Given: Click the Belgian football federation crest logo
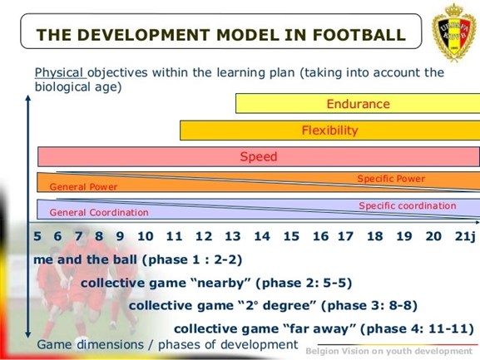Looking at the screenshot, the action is point(454,32).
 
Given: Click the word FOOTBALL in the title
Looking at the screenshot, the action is point(359,35).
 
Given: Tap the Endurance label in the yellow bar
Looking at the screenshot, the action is point(359,104).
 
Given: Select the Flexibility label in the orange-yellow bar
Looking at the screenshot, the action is point(329,131).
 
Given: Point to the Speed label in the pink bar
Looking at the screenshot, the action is point(259,156).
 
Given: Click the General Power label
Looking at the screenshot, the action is point(83,187).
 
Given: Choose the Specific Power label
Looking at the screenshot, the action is point(391,179).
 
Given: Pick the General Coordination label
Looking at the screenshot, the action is point(99,212).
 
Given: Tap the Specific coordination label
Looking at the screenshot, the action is point(408,205).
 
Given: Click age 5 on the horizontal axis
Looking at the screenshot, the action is point(37,236).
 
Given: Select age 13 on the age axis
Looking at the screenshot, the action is point(233,236).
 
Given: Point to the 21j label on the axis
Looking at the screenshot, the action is point(465,236).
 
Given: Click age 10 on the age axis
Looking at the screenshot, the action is point(145,236).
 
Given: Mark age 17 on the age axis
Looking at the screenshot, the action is point(345,236).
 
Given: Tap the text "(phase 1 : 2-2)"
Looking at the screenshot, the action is point(192,259).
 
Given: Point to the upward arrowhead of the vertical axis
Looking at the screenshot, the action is point(28,98).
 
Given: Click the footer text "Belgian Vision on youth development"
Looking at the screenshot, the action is point(388,351).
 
